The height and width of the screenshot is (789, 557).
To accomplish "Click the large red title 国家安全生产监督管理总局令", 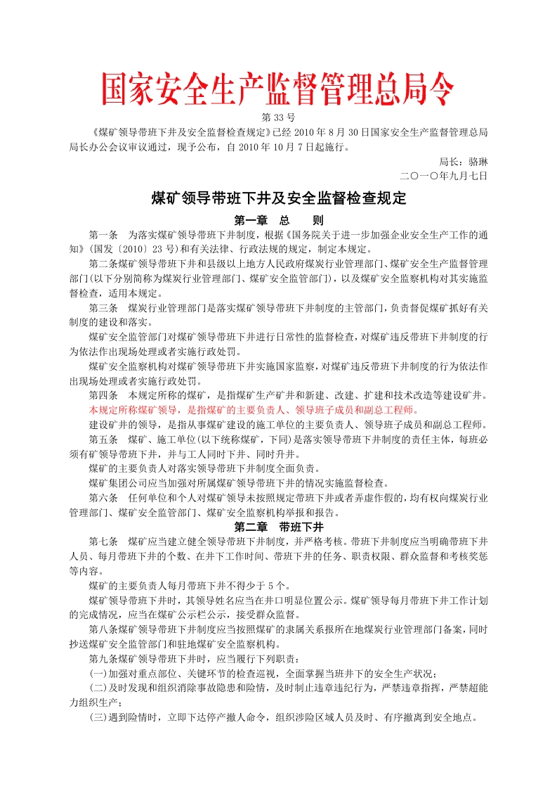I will pos(278,90).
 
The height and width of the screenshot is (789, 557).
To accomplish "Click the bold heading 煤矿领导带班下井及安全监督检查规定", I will pos(279,198).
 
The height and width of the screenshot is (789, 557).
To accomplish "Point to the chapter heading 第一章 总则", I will pos(278,220).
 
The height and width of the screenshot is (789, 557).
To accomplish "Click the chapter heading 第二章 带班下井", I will pos(278,526).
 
